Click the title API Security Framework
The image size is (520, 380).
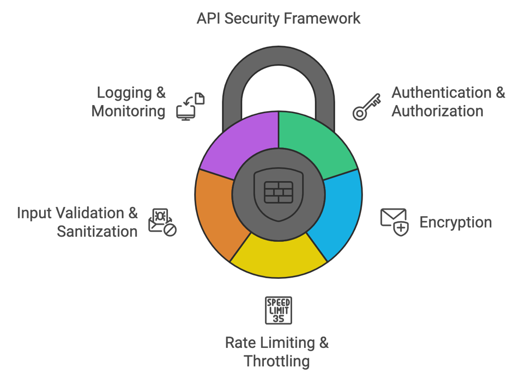(278, 19)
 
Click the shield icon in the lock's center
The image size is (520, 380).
(279, 193)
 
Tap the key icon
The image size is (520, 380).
(366, 106)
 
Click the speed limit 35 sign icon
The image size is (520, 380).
(278, 310)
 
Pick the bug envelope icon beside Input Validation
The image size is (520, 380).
(162, 222)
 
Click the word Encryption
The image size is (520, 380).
(455, 222)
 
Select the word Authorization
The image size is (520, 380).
(437, 111)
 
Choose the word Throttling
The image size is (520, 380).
(276, 361)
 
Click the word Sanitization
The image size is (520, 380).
(97, 231)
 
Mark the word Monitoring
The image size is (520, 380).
(128, 111)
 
